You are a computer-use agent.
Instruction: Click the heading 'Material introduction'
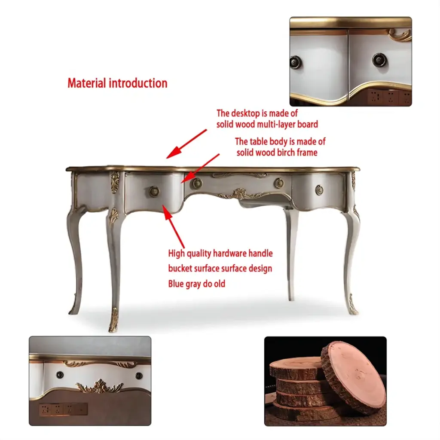click(117, 83)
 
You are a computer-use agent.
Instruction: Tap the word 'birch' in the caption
click(286, 153)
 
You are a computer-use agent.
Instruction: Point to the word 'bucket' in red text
click(180, 268)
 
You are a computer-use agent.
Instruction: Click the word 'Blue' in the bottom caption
click(176, 284)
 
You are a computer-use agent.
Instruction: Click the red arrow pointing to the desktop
click(187, 144)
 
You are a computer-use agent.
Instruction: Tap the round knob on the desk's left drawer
click(154, 191)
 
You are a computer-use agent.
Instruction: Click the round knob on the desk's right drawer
click(319, 190)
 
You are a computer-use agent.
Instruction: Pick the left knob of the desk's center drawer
click(197, 183)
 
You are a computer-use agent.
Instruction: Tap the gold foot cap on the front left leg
click(114, 320)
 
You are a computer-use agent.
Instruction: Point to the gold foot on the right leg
click(353, 305)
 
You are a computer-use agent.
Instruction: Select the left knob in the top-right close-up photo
click(296, 61)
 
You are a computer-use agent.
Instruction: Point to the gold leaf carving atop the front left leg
click(115, 182)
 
